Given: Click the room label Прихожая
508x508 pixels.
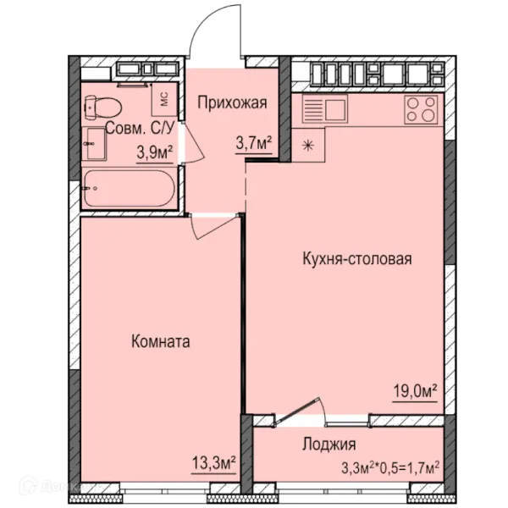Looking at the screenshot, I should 232,103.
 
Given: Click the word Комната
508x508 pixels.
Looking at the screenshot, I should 160,342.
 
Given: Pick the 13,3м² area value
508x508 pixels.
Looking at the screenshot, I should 213,461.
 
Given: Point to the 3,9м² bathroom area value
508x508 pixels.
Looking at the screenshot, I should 155,152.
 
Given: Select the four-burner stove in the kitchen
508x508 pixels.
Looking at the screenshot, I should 421,108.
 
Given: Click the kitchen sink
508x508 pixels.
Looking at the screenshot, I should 324,108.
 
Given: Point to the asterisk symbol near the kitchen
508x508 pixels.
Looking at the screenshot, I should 306,145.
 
